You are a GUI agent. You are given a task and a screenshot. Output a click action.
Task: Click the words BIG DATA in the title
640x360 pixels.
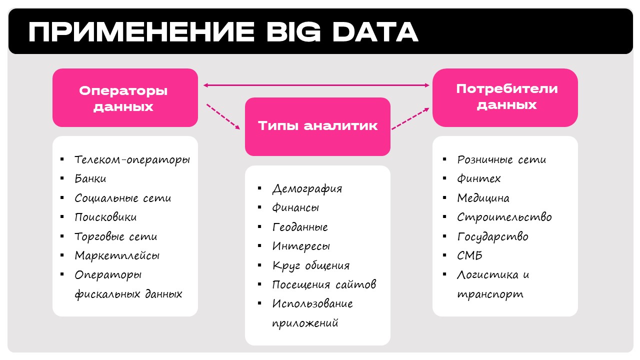(x=342, y=31)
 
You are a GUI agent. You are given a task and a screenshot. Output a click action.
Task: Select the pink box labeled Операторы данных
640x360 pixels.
(x=125, y=97)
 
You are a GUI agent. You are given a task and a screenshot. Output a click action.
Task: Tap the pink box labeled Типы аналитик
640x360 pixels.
(x=317, y=126)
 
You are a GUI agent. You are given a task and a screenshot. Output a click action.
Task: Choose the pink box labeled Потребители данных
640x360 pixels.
(x=505, y=97)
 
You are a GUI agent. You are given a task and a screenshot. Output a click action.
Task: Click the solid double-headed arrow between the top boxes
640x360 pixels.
(x=316, y=85)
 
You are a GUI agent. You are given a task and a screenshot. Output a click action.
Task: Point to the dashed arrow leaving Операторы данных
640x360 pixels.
(x=223, y=116)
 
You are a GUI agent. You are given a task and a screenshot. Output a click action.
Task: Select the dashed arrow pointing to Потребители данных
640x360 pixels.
(x=410, y=118)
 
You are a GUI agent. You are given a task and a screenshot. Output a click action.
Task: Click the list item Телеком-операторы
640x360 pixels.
(x=132, y=160)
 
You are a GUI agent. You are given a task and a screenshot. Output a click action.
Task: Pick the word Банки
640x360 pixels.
(x=90, y=178)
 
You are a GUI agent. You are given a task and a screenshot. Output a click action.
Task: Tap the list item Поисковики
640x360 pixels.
(x=105, y=217)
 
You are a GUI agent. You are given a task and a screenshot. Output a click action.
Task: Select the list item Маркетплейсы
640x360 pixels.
(x=117, y=255)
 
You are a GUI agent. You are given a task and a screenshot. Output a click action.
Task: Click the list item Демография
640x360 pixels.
(x=307, y=189)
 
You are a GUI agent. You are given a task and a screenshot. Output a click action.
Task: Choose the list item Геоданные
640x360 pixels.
(x=300, y=227)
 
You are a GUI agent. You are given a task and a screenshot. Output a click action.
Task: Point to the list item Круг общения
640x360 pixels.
(x=311, y=265)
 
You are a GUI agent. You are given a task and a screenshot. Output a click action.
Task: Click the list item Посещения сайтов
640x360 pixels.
(x=324, y=284)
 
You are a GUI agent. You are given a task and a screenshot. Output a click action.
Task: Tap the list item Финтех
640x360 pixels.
(x=479, y=179)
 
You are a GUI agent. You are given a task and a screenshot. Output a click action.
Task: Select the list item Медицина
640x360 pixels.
(x=483, y=198)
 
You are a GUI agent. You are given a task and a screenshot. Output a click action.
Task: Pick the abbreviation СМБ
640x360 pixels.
(x=469, y=255)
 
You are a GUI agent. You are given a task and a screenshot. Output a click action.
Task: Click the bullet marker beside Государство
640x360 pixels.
(x=444, y=236)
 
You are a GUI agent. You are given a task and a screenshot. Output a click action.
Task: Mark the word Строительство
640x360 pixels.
(x=504, y=217)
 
